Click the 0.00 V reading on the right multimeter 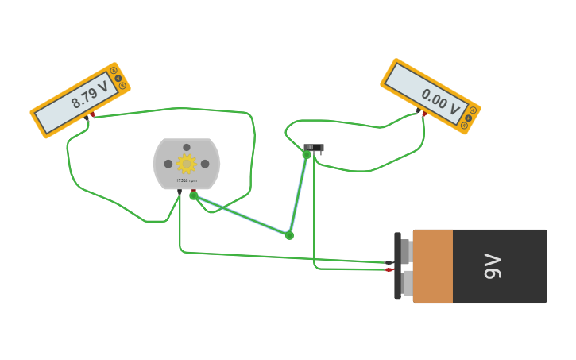(x=441, y=101)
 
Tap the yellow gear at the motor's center (x=186, y=164)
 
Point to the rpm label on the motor (x=186, y=180)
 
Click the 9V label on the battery (x=493, y=266)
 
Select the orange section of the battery (x=432, y=266)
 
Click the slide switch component (x=314, y=147)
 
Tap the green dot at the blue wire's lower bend (x=289, y=235)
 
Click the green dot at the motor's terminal (x=194, y=195)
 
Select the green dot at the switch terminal (x=307, y=154)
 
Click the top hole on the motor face (x=187, y=147)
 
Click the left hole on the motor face (x=168, y=164)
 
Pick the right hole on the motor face (x=205, y=164)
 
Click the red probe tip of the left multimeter (x=91, y=115)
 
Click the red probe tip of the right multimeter (x=423, y=114)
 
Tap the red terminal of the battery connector (x=389, y=269)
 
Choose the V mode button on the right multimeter (x=469, y=118)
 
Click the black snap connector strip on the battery (x=397, y=265)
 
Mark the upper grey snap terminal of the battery (x=407, y=251)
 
